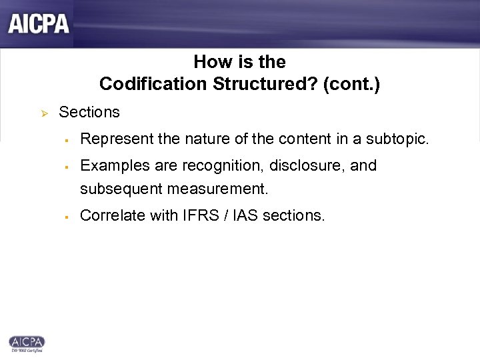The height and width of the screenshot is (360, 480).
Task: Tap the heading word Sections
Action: point(89,112)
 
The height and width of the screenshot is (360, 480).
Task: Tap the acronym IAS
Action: point(245,215)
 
